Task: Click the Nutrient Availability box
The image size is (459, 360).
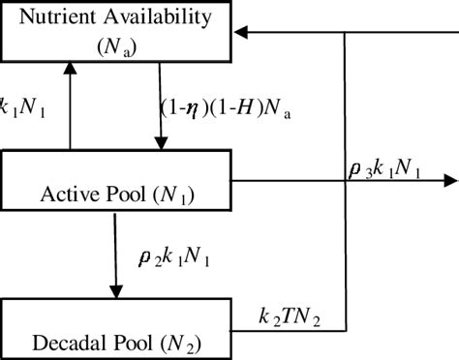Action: pyautogui.click(x=121, y=31)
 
